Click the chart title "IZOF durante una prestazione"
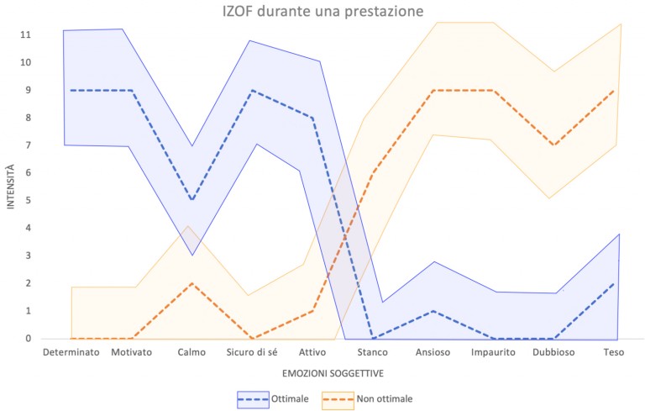pyautogui.click(x=322, y=11)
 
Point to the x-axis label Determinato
pyautogui.click(x=71, y=353)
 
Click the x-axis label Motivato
pyautogui.click(x=132, y=353)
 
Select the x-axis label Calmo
pyautogui.click(x=191, y=353)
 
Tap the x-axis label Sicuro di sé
pyautogui.click(x=252, y=353)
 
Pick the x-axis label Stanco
pyautogui.click(x=372, y=353)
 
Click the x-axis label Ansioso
pyautogui.click(x=433, y=353)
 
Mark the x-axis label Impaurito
pyautogui.click(x=493, y=353)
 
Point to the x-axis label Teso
pyautogui.click(x=613, y=353)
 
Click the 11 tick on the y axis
pyautogui.click(x=26, y=35)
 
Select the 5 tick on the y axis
pyautogui.click(x=29, y=201)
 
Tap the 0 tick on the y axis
pyautogui.click(x=29, y=339)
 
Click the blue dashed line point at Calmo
pyautogui.click(x=191, y=200)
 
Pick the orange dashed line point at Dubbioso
pyautogui.click(x=553, y=145)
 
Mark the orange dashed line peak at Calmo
pyautogui.click(x=191, y=283)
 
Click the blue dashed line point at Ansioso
pyautogui.click(x=433, y=311)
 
